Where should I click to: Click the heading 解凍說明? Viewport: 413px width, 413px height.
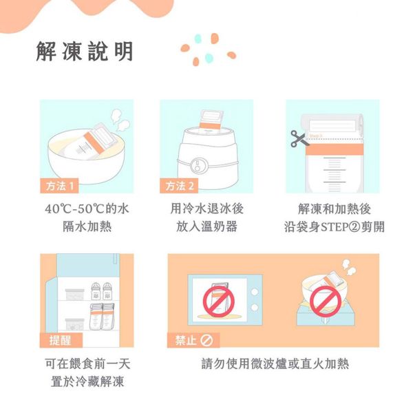[x=85, y=52]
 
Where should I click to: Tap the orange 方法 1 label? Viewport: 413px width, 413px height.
[x=59, y=186]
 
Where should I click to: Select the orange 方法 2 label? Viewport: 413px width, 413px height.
[x=179, y=186]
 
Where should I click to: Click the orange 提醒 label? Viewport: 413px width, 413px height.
[x=60, y=340]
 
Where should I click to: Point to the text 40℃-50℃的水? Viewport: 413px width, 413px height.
[x=86, y=209]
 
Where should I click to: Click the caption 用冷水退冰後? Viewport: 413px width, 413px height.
[x=206, y=209]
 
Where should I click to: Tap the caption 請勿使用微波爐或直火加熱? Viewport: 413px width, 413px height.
[x=275, y=363]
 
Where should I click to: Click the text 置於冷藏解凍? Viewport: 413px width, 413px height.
[x=86, y=382]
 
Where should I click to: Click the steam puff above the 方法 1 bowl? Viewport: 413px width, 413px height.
[x=121, y=124]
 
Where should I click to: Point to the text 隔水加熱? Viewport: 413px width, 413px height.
[x=86, y=227]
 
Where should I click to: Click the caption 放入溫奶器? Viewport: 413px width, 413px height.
[x=206, y=227]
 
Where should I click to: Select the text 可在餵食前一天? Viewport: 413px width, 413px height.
[x=86, y=363]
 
